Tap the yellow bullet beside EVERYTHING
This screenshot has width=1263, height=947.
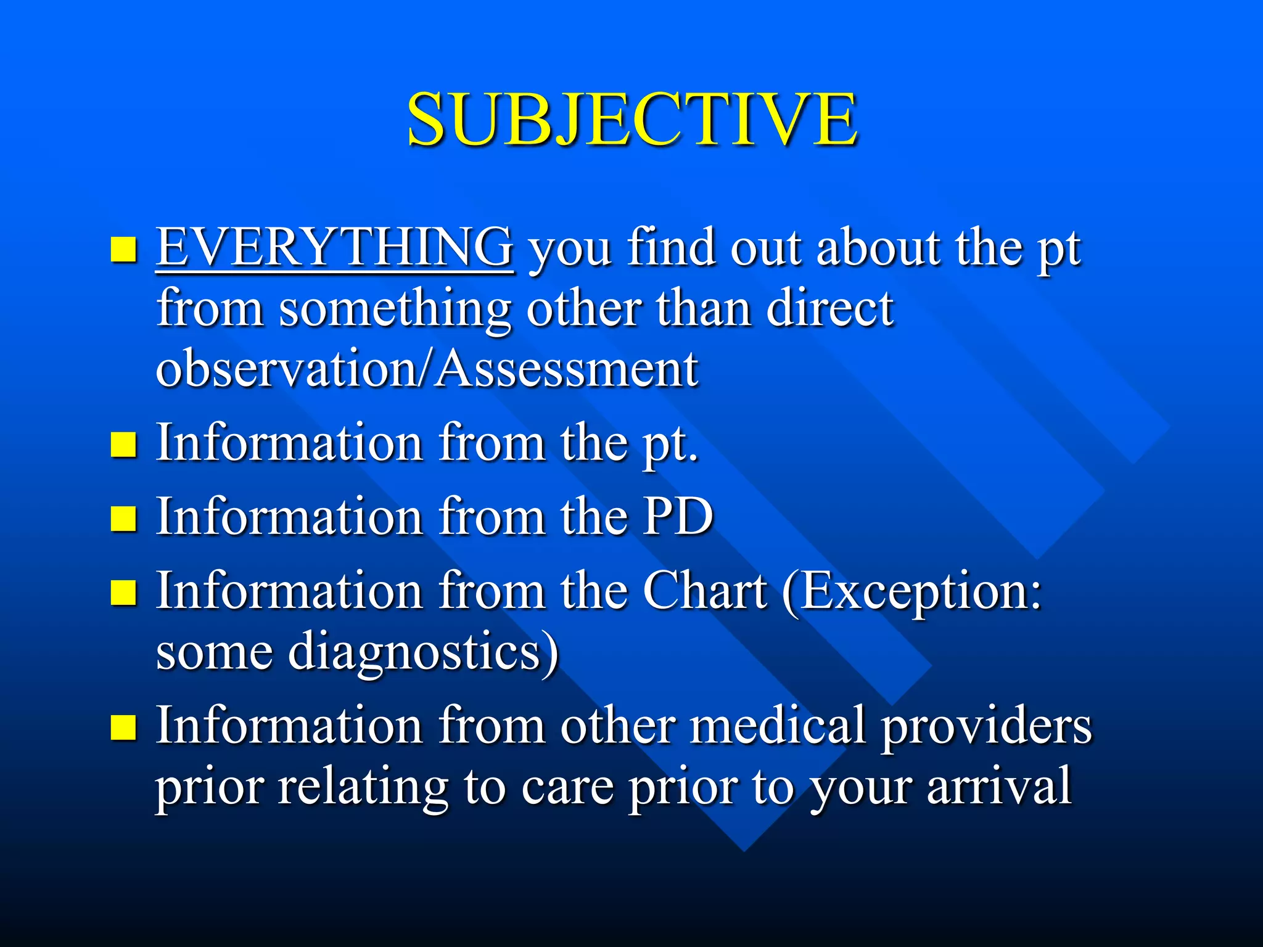[123, 250]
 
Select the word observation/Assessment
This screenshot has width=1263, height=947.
[427, 368]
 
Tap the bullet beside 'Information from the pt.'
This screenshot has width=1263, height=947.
[123, 444]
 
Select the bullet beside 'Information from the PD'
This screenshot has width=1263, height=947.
[123, 519]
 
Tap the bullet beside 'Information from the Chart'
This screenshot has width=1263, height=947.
[123, 592]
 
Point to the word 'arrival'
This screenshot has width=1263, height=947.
[999, 786]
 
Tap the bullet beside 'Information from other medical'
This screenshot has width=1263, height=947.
[123, 728]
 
